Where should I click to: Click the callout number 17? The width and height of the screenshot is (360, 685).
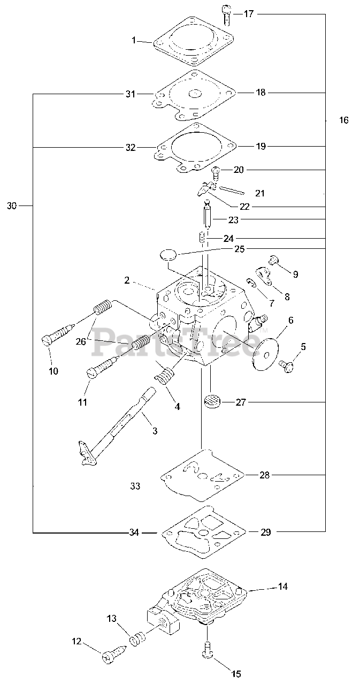click(x=249, y=14)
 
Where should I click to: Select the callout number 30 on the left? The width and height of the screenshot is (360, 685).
click(x=12, y=205)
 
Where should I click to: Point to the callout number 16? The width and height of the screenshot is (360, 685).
click(x=343, y=120)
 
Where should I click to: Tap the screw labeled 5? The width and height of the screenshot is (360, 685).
click(x=285, y=366)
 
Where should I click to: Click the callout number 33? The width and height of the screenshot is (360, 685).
click(x=135, y=486)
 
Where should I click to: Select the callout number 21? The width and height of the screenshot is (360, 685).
click(x=259, y=193)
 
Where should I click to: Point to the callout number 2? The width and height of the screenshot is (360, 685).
click(x=127, y=280)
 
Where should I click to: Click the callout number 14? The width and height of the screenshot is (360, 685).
click(x=282, y=587)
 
